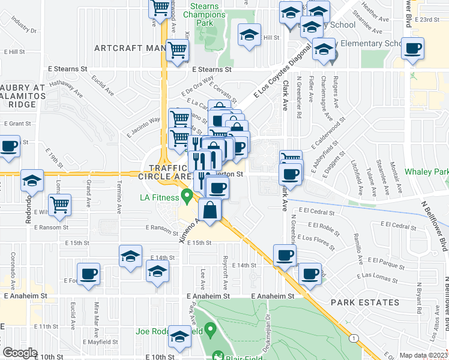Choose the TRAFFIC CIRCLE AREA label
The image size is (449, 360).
(x=164, y=172)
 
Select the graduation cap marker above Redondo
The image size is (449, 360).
(x=32, y=179)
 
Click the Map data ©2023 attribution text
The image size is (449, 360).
(x=423, y=355)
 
